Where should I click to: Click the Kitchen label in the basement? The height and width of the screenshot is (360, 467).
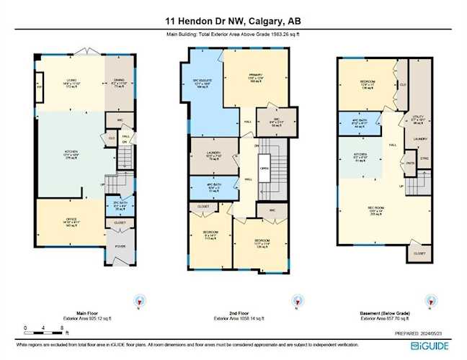[360, 157]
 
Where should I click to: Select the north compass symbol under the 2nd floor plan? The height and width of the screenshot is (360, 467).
[295, 300]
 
